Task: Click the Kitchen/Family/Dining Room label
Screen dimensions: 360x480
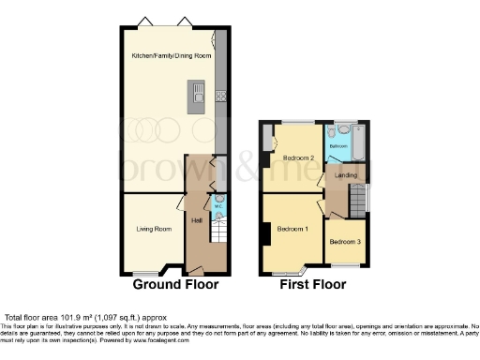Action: [171, 56]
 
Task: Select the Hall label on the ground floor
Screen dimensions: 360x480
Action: [197, 221]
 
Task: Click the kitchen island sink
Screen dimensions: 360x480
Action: [199, 92]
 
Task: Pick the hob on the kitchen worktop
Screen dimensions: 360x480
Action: [220, 95]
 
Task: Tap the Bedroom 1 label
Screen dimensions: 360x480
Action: [293, 230]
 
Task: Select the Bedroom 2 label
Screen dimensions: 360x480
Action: [298, 157]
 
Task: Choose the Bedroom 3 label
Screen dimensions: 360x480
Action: [344, 241]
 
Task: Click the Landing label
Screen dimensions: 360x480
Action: [347, 175]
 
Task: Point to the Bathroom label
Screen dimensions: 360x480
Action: [337, 147]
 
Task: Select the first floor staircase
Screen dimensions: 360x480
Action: [357, 200]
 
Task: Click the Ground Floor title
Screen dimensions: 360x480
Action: [175, 284]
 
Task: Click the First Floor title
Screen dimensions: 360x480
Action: [313, 284]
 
